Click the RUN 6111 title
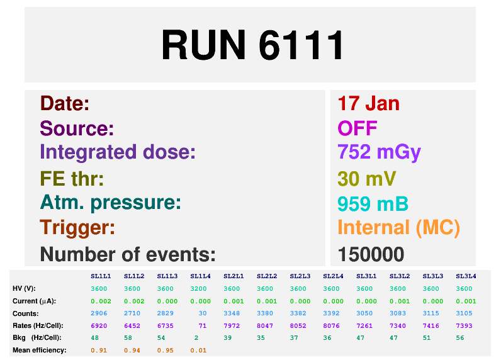pyautogui.click(x=252, y=45)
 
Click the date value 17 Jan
pyautogui.click(x=368, y=103)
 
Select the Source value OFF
pyautogui.click(x=357, y=128)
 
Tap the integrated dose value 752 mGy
pyautogui.click(x=380, y=153)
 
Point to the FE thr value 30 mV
pyautogui.click(x=367, y=179)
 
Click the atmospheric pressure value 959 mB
pyautogui.click(x=373, y=203)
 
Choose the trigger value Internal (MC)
pyautogui.click(x=399, y=228)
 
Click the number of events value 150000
pyautogui.click(x=371, y=254)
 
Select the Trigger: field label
pyautogui.click(x=77, y=228)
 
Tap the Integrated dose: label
pyautogui.click(x=118, y=152)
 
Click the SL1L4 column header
pyautogui.click(x=200, y=276)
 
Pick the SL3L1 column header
pyautogui.click(x=366, y=276)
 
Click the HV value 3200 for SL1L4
pyautogui.click(x=198, y=289)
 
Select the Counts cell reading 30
pyautogui.click(x=203, y=313)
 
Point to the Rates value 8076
pyautogui.click(x=331, y=326)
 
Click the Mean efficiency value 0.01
pyautogui.click(x=198, y=351)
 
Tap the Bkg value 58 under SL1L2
pyautogui.click(x=128, y=338)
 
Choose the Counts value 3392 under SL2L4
pyautogui.click(x=331, y=313)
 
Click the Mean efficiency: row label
pyautogui.click(x=40, y=351)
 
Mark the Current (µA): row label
pyautogui.click(x=34, y=301)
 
